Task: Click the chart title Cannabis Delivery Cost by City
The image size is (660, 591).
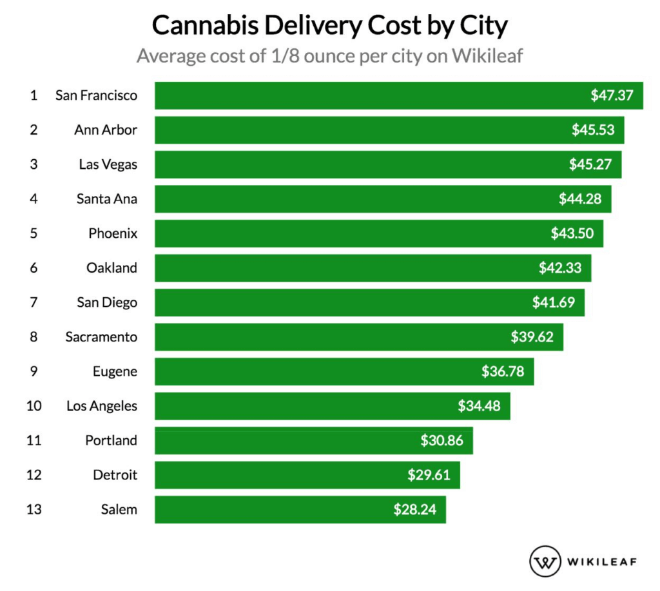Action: (x=330, y=26)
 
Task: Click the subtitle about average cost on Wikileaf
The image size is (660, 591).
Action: (x=330, y=56)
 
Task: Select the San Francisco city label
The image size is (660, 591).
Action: (x=96, y=95)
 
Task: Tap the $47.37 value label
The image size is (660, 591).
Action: (x=612, y=95)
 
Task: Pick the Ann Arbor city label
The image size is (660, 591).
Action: (x=106, y=130)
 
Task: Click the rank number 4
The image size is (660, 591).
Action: (x=34, y=199)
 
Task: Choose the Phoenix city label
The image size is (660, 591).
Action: (x=113, y=233)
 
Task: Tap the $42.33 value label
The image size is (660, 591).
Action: (x=560, y=267)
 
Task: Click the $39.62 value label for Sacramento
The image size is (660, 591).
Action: (x=532, y=336)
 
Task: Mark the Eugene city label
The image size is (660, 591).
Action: (x=115, y=371)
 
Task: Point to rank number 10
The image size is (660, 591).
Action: (x=34, y=406)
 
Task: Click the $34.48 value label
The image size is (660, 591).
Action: (x=479, y=406)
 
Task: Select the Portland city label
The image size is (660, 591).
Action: (x=111, y=440)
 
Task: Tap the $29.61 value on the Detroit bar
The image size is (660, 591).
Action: (x=429, y=475)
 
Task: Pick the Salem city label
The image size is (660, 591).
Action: (x=119, y=510)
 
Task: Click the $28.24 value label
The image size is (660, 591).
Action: (x=415, y=509)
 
